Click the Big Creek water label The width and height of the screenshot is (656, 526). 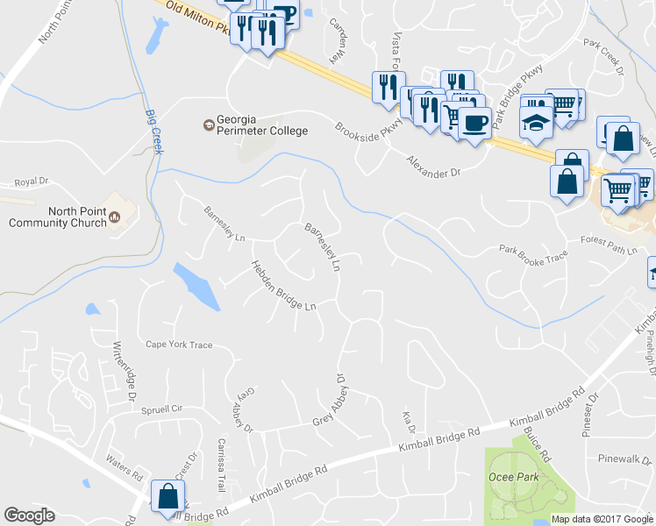pyautogui.click(x=154, y=132)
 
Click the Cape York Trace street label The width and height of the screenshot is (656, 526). pyautogui.click(x=179, y=345)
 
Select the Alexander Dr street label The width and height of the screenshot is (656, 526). pyautogui.click(x=433, y=167)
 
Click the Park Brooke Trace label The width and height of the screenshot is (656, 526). pyautogui.click(x=534, y=255)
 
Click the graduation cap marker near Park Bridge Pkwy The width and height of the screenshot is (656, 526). pyautogui.click(x=534, y=121)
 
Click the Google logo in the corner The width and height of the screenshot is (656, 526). pyautogui.click(x=29, y=515)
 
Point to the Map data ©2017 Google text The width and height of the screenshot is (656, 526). pyautogui.click(x=603, y=519)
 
